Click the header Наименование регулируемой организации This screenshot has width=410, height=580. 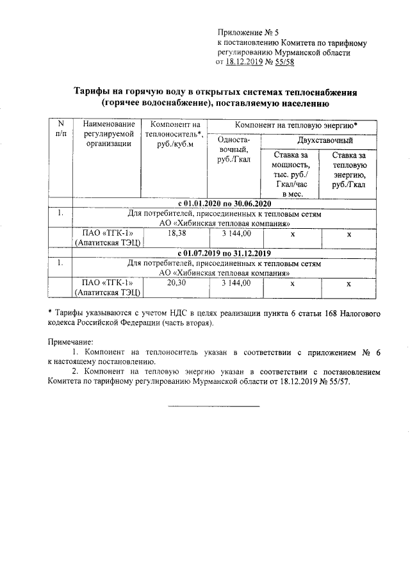[107, 133]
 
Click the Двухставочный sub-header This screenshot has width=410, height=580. [325, 140]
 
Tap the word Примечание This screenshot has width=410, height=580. [70, 342]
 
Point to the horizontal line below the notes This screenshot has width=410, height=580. [214, 406]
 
